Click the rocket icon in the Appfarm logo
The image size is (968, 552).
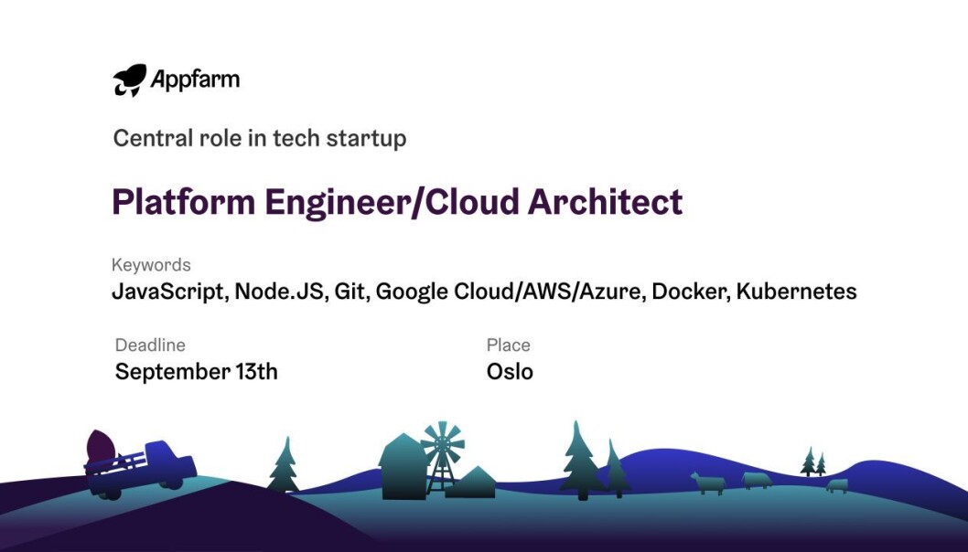point(130,80)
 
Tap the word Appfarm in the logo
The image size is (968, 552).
point(195,80)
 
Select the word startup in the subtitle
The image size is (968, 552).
point(366,139)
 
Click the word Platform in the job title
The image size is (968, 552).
point(183,202)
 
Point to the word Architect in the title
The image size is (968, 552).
point(605,202)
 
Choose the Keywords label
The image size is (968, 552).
point(151,265)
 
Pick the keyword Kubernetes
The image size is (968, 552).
point(796,291)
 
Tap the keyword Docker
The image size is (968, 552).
point(691,292)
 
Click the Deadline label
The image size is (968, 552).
point(150,345)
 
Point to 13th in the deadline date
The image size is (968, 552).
point(256,371)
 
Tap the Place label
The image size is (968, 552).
point(508,345)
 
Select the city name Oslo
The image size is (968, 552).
point(510,371)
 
